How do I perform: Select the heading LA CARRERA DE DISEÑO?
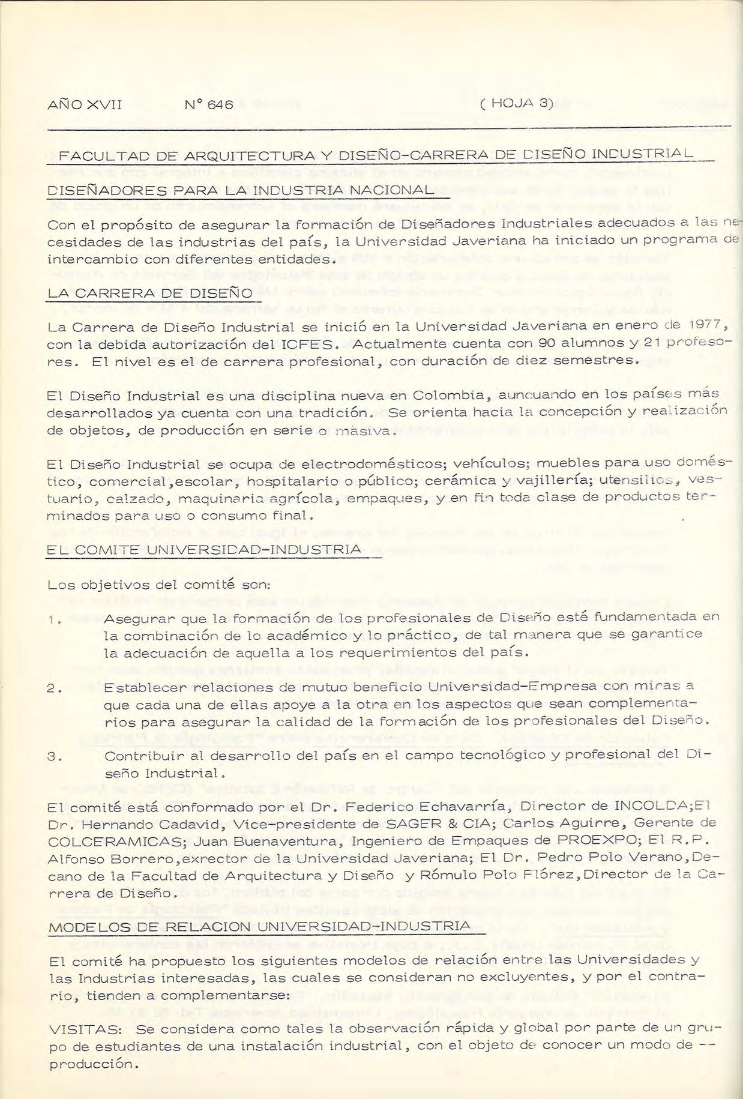(x=150, y=294)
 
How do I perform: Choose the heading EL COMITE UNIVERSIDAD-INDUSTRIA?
(x=203, y=549)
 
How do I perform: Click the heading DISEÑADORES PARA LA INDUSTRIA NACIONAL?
(x=240, y=190)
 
